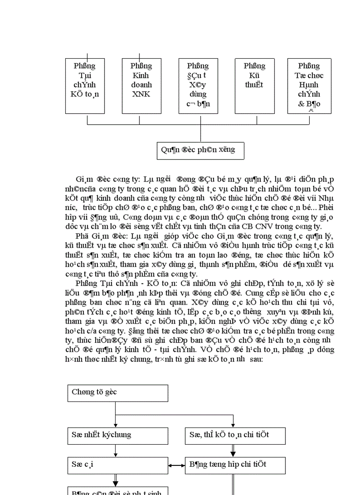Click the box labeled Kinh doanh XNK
pos(141,86)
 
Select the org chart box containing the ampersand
pos(309,86)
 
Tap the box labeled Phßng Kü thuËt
pos(255,86)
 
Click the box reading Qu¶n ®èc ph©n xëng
pos(201,150)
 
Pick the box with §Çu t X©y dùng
pos(198,86)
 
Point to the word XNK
pos(141,94)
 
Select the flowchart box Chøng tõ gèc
pos(118,393)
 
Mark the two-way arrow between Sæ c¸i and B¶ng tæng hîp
pos(176,465)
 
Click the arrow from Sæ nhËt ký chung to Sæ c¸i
pos(116,450)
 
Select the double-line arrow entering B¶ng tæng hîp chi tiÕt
pos(233,451)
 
